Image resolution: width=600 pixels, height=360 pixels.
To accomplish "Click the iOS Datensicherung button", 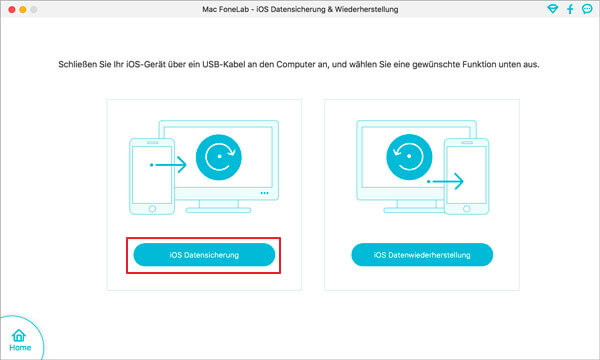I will [204, 255].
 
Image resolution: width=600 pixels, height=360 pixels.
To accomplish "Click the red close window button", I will [11, 9].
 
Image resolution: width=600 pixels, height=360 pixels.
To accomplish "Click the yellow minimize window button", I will [27, 9].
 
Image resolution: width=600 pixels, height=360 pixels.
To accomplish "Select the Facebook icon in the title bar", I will [568, 9].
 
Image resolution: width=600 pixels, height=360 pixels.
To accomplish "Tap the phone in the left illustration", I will [147, 176].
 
